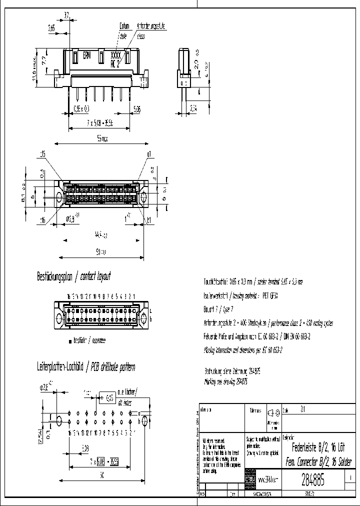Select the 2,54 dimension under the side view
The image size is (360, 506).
pos(193,108)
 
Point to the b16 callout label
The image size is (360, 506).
pos(42,220)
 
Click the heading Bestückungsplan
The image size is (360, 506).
pos(55,276)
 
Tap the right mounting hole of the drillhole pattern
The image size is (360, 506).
pos(145,420)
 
